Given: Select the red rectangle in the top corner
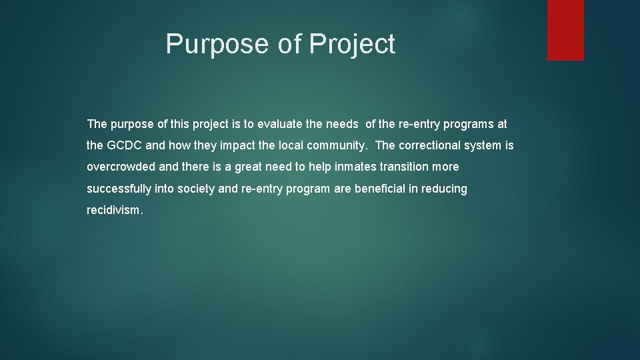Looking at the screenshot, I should click(565, 30).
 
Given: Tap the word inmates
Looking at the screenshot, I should click(358, 167).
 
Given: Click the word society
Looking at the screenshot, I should click(196, 189).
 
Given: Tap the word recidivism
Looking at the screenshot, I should click(113, 210).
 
